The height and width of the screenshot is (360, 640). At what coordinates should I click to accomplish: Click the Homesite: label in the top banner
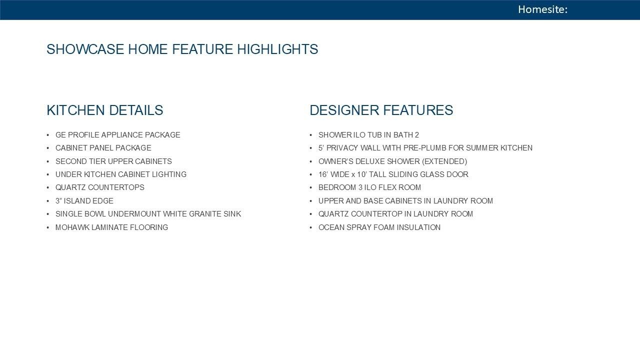[542, 9]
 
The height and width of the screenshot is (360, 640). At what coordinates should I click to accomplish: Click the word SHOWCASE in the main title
[85, 49]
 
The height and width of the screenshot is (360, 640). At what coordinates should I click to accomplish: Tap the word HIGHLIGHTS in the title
[277, 49]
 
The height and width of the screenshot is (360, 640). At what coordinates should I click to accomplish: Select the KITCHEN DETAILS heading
[105, 110]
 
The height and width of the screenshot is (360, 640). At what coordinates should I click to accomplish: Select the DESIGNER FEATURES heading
[381, 110]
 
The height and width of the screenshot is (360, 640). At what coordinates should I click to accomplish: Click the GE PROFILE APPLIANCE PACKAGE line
[117, 135]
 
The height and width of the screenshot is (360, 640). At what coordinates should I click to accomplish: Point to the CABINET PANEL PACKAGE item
[103, 148]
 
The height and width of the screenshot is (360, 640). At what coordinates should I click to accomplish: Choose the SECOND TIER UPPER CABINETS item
[113, 161]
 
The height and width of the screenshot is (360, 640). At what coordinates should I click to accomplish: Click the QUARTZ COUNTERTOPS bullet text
[99, 187]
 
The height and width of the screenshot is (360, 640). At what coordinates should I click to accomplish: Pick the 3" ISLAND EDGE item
[84, 201]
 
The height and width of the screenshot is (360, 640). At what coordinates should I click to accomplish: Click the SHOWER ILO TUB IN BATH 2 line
[368, 135]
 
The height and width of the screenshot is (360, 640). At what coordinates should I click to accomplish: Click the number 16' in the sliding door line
[323, 174]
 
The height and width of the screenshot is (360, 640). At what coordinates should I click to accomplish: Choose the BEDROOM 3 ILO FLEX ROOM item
[369, 187]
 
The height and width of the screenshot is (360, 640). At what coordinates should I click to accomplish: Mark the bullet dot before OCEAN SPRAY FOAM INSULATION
[311, 227]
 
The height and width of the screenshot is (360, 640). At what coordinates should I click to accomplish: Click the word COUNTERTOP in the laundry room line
[381, 214]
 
